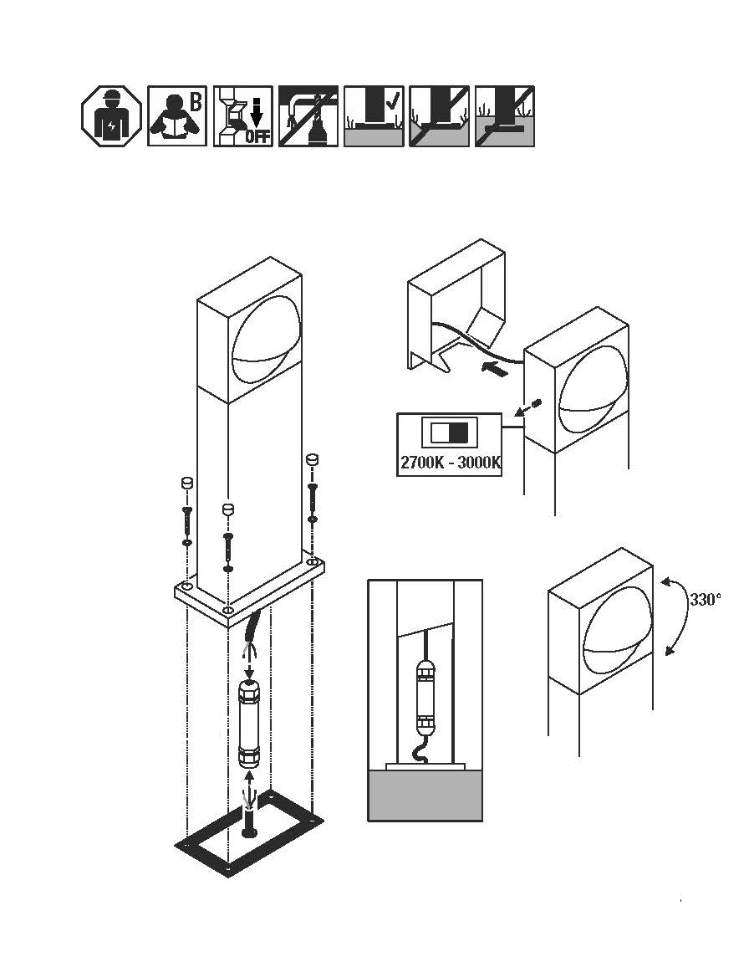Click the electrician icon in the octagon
(x=111, y=116)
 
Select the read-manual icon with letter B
(x=176, y=116)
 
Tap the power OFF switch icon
(x=242, y=116)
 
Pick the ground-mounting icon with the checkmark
(x=374, y=116)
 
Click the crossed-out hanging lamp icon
(x=308, y=116)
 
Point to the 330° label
(x=706, y=599)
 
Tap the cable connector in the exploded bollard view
(x=249, y=724)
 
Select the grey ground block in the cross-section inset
(x=425, y=795)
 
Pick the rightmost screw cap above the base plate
(x=312, y=459)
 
